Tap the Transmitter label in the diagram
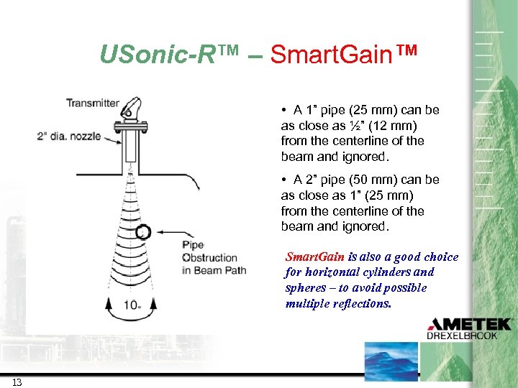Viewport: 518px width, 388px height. click(93, 103)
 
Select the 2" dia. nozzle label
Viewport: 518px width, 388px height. click(70, 137)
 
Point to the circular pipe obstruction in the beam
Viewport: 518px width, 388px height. click(142, 231)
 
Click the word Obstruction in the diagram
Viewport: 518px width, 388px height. click(209, 258)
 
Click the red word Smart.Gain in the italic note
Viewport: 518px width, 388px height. click(314, 257)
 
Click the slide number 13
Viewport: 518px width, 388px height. click(17, 382)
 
